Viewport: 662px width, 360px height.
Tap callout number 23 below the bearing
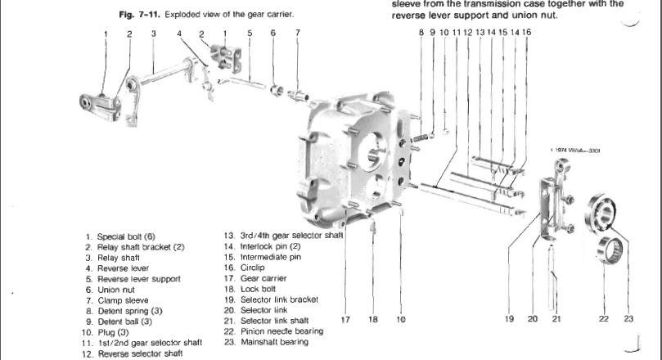pos(628,319)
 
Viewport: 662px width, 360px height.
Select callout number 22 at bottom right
pos(604,319)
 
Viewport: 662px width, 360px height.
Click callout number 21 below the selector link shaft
pos(556,319)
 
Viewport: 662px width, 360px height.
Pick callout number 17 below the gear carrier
pos(347,319)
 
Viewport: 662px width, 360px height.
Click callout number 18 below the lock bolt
pos(372,319)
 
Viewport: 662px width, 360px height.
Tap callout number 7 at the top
pos(297,34)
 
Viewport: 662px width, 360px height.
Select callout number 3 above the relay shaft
pos(153,34)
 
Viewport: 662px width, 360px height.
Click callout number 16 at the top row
pos(527,32)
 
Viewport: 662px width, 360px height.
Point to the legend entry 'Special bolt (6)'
pos(131,237)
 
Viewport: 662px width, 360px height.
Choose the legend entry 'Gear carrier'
pos(263,278)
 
